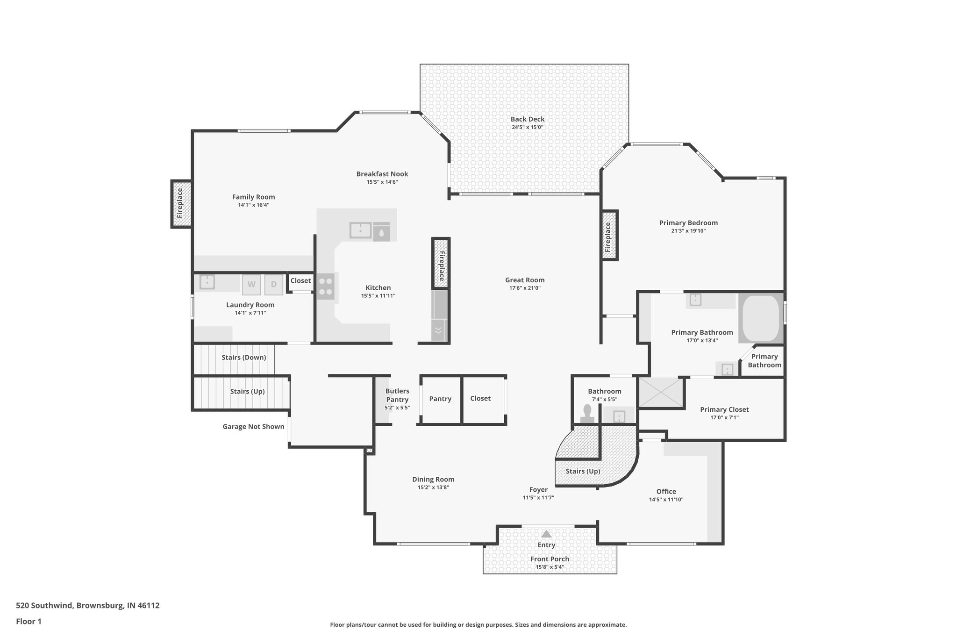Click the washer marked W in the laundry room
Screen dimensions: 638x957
tap(251, 285)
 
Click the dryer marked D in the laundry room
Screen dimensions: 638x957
tap(274, 285)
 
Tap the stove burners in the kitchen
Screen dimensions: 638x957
tap(326, 287)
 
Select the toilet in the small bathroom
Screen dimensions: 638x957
tap(587, 414)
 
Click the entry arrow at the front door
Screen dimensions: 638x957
tap(546, 534)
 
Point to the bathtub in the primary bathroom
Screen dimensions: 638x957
tap(761, 318)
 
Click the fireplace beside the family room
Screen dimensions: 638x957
tap(180, 204)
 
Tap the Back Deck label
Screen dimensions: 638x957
tap(527, 119)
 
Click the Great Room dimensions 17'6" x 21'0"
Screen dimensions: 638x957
tap(525, 288)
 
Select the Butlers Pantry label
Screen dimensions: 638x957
tap(397, 395)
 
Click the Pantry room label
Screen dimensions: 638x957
tap(440, 399)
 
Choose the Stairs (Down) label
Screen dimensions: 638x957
tap(243, 358)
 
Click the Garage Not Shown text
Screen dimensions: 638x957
tap(253, 426)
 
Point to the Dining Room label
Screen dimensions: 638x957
tap(433, 479)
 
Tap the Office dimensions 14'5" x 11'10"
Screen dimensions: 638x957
tap(666, 500)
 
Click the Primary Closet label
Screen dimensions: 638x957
tap(724, 409)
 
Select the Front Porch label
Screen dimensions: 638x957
tap(550, 559)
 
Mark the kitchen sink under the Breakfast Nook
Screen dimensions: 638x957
tap(360, 230)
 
